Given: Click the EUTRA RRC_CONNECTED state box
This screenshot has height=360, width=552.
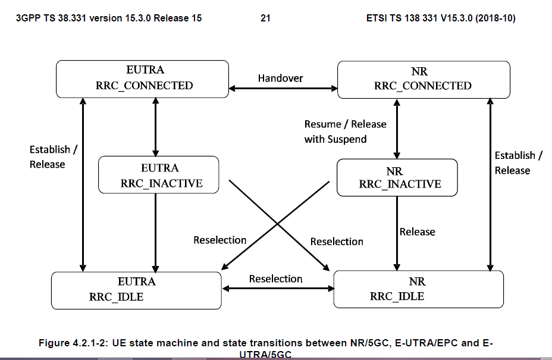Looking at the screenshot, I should click(x=143, y=79).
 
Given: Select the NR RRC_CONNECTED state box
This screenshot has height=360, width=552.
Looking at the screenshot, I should click(x=423, y=79).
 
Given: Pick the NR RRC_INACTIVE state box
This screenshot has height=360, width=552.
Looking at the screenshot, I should click(x=397, y=177).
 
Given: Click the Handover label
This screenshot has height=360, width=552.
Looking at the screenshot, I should click(x=280, y=78).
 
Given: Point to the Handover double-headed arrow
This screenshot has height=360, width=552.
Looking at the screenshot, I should click(x=283, y=89).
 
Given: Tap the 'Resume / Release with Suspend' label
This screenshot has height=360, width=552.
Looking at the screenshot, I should click(x=345, y=132).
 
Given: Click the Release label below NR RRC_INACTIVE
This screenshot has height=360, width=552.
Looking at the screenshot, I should click(x=417, y=231).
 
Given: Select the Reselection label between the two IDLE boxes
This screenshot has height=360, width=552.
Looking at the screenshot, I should click(x=275, y=278).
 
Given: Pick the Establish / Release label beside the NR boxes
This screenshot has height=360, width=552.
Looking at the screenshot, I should click(x=518, y=162).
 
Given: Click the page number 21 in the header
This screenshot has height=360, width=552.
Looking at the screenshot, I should click(x=265, y=18).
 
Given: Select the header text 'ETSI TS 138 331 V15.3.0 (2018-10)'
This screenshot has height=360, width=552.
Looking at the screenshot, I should click(x=441, y=18).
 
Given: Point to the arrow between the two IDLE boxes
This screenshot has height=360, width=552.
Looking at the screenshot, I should click(x=277, y=289).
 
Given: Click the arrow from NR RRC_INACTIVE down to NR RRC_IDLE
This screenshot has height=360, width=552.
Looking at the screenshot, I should click(x=396, y=232).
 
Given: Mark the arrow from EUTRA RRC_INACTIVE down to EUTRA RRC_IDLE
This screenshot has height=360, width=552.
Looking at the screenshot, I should click(x=156, y=232).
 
